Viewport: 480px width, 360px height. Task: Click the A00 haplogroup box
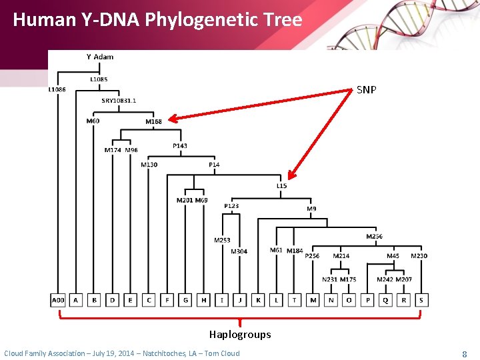pyautogui.click(x=58, y=301)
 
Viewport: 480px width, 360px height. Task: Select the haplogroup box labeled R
pyautogui.click(x=403, y=301)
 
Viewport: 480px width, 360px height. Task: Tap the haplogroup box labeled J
pyautogui.click(x=240, y=301)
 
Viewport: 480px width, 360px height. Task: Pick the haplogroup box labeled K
pyautogui.click(x=258, y=301)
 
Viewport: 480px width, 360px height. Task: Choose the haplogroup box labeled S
pyautogui.click(x=421, y=301)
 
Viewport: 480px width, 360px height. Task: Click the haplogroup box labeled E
pyautogui.click(x=131, y=301)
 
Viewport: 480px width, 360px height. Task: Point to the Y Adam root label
pyautogui.click(x=100, y=57)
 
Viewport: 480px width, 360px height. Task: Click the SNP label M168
pyautogui.click(x=153, y=121)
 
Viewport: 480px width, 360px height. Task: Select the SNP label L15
pyautogui.click(x=282, y=186)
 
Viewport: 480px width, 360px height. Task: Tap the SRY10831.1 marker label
pyautogui.click(x=119, y=101)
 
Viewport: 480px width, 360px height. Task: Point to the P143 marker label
pyautogui.click(x=180, y=145)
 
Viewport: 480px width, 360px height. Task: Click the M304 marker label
pyautogui.click(x=239, y=251)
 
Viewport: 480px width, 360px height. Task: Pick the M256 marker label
pyautogui.click(x=374, y=237)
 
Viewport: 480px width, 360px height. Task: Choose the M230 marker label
pyautogui.click(x=419, y=256)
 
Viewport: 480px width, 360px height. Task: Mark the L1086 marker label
pyautogui.click(x=57, y=89)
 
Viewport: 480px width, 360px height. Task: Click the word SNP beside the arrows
pyautogui.click(x=366, y=89)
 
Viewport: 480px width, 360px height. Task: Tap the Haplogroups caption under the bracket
pyautogui.click(x=240, y=335)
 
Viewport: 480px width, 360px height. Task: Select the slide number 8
pyautogui.click(x=464, y=353)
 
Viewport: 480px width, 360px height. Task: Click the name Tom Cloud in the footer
pyautogui.click(x=221, y=353)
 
